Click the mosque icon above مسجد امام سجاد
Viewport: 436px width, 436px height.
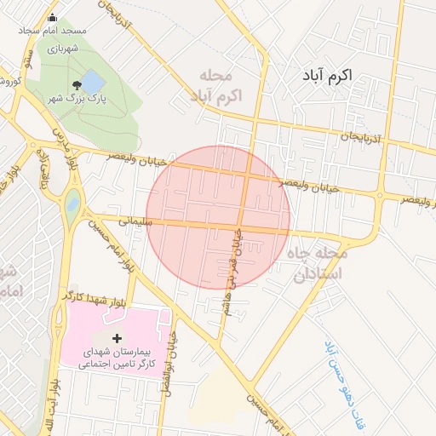click(x=53, y=18)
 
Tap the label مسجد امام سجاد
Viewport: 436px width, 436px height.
click(x=54, y=31)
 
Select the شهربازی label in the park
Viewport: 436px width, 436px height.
click(x=63, y=49)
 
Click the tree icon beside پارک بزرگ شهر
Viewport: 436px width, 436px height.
click(x=77, y=85)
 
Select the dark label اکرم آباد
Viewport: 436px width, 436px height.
click(x=338, y=76)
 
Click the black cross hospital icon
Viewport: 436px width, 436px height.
click(x=118, y=339)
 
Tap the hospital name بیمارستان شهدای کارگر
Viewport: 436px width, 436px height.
click(x=119, y=357)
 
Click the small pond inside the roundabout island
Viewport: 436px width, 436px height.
click(x=72, y=204)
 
